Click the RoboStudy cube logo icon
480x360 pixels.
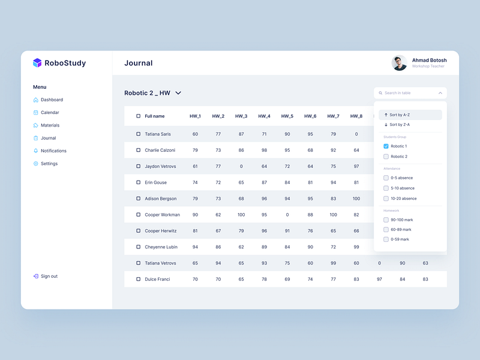(37, 63)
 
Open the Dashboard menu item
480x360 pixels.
(52, 100)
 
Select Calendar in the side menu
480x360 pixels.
(50, 113)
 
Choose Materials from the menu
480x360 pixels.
(50, 125)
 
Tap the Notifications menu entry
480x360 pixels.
(53, 151)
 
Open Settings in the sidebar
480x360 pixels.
(49, 164)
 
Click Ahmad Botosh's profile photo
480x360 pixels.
(399, 63)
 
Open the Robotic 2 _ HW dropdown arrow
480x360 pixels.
(178, 93)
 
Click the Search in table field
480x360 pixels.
(408, 93)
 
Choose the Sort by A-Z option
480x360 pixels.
(410, 115)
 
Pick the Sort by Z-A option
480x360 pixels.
(410, 125)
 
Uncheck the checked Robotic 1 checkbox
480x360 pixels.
(386, 146)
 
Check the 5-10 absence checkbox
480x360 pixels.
(386, 188)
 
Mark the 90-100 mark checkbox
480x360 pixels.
(386, 220)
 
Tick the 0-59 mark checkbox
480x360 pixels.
(386, 239)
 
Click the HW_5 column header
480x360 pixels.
(287, 116)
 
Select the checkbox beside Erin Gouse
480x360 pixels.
(138, 182)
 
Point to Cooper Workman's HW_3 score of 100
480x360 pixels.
(241, 215)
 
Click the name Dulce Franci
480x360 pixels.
(157, 280)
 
